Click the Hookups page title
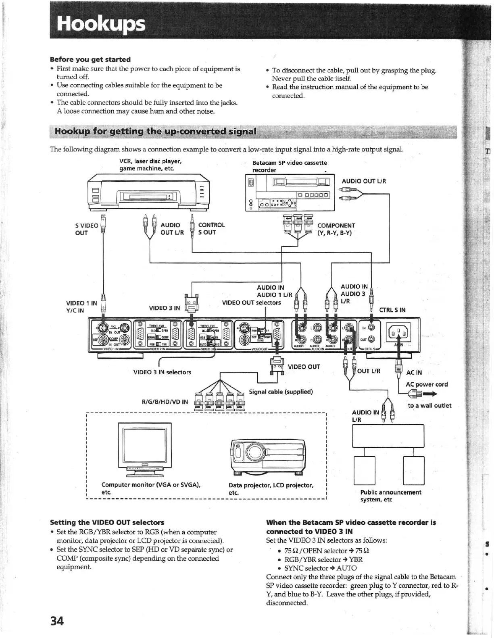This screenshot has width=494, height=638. click(101, 24)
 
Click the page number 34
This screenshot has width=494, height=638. click(57, 621)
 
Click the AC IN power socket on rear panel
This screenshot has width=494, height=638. click(398, 333)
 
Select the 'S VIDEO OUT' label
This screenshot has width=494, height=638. click(87, 229)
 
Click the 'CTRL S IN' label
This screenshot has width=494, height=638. click(392, 310)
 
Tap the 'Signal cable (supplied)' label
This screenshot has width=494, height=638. click(281, 391)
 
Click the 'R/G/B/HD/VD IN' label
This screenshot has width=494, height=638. click(165, 402)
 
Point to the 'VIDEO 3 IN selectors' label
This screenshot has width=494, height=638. click(162, 372)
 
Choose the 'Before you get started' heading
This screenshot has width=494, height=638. click(90, 60)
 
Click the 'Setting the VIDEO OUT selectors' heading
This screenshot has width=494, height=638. click(107, 522)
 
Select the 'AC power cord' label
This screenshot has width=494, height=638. click(427, 384)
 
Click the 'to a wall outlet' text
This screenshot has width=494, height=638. click(429, 406)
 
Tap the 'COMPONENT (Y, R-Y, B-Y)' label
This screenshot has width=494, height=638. click(336, 229)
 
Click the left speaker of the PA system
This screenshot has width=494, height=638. click(365, 470)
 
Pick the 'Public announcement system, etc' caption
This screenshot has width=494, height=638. click(390, 496)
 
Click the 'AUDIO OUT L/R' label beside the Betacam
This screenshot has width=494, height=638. click(364, 181)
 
